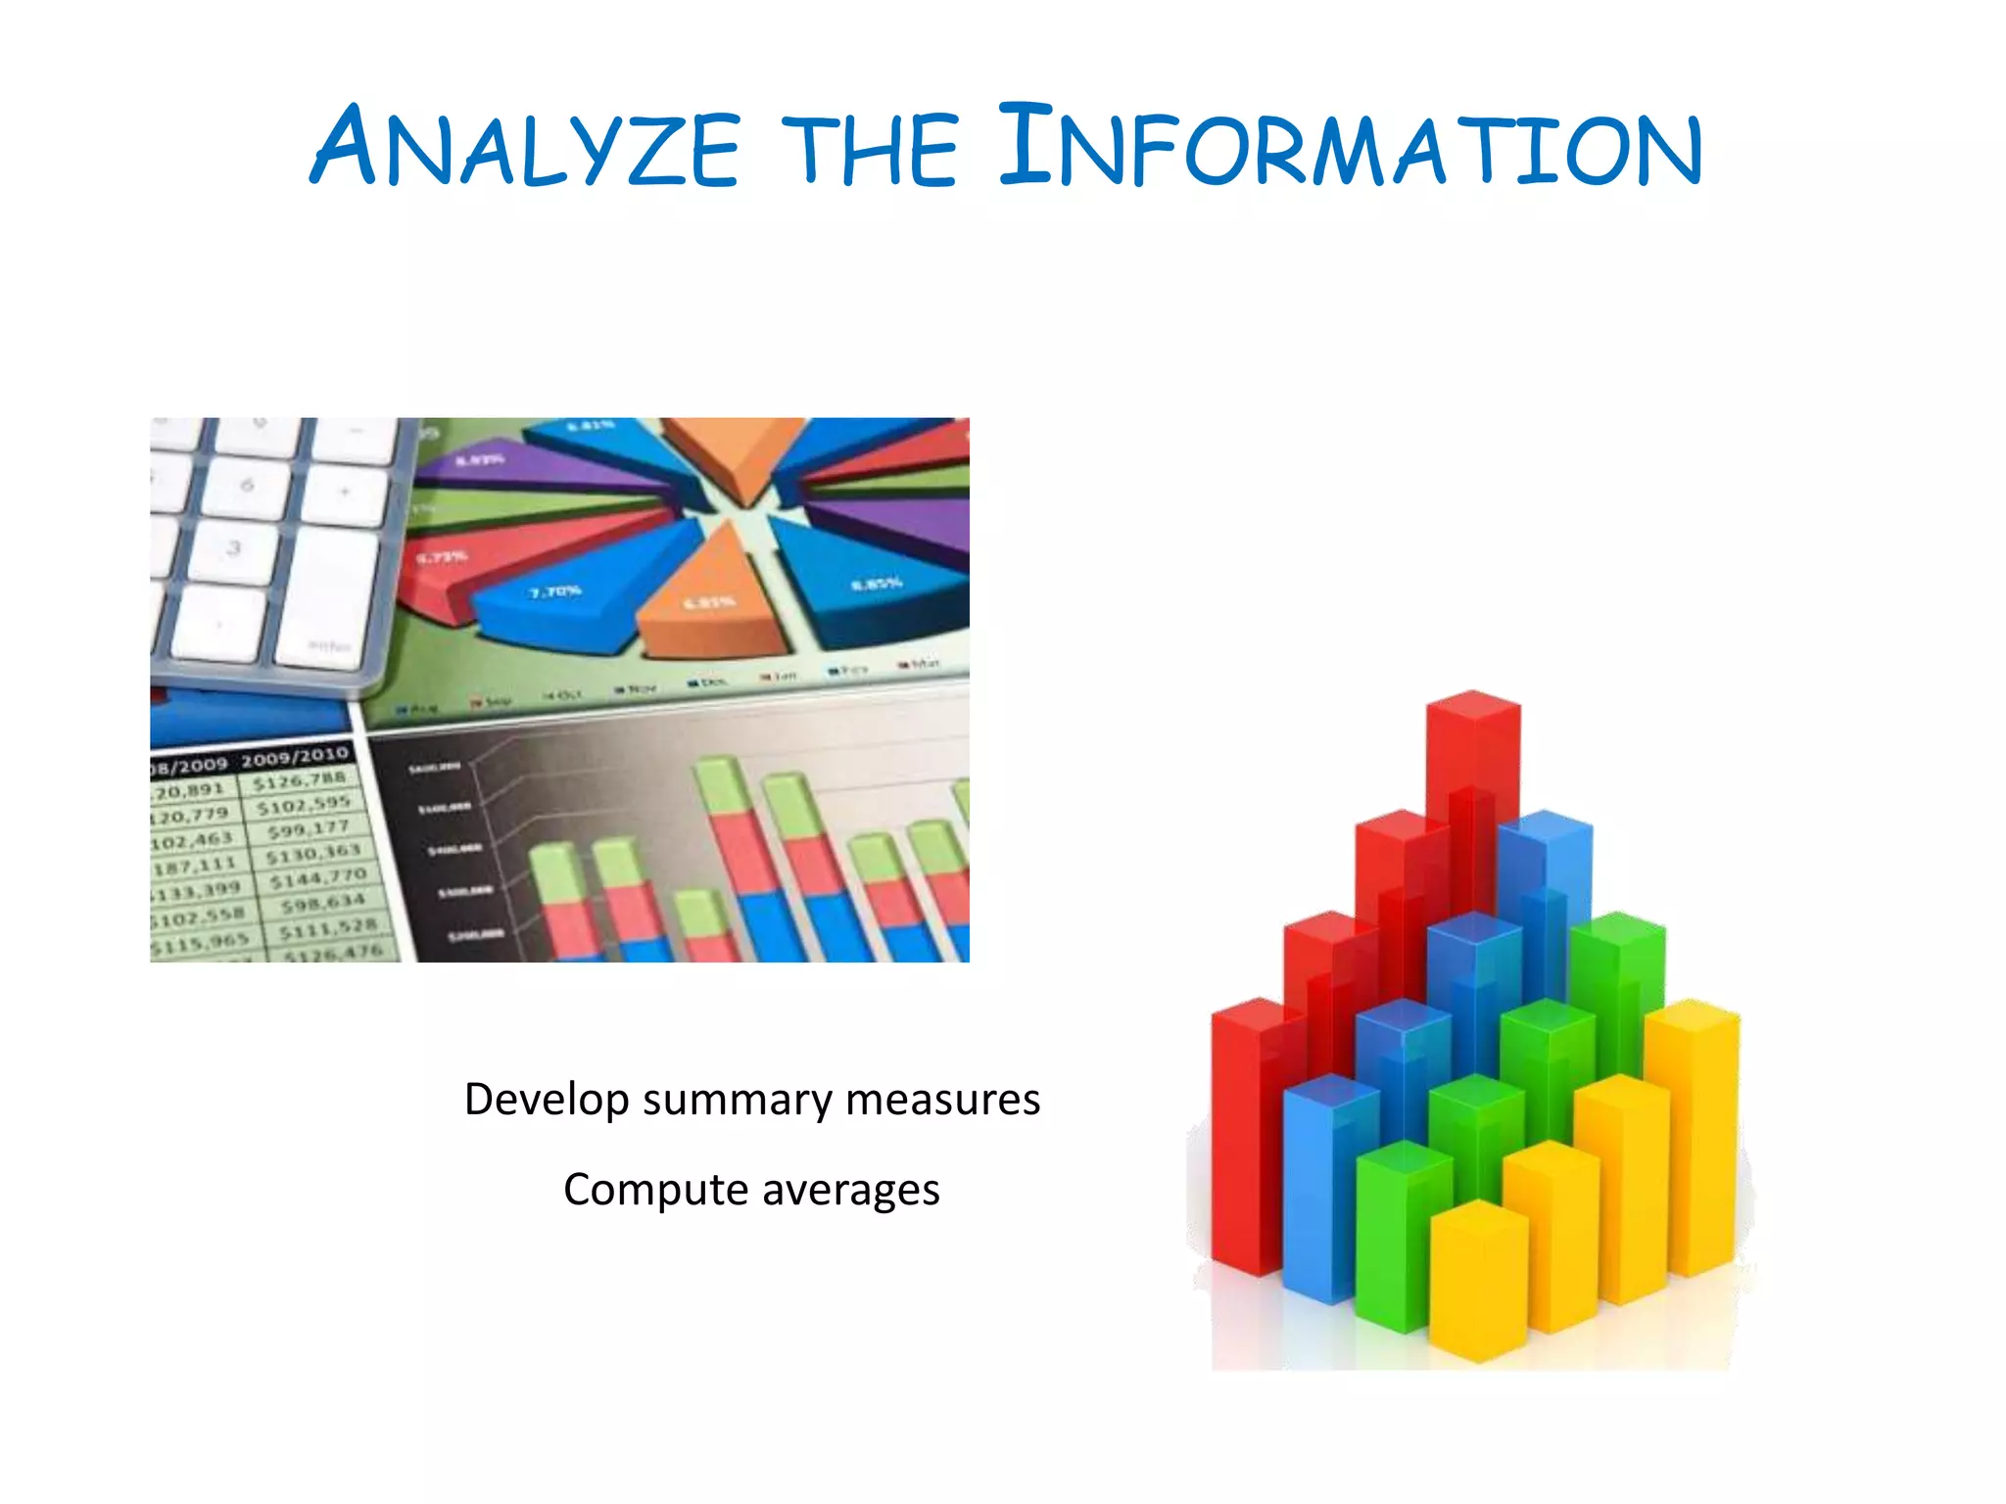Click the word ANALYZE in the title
click(524, 147)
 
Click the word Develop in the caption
click(546, 1100)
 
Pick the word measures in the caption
click(942, 1100)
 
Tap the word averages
click(850, 1190)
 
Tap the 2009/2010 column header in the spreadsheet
click(295, 756)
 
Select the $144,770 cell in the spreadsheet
click(318, 877)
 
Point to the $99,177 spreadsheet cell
click(308, 829)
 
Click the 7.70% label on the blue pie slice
click(555, 591)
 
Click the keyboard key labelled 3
click(233, 548)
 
